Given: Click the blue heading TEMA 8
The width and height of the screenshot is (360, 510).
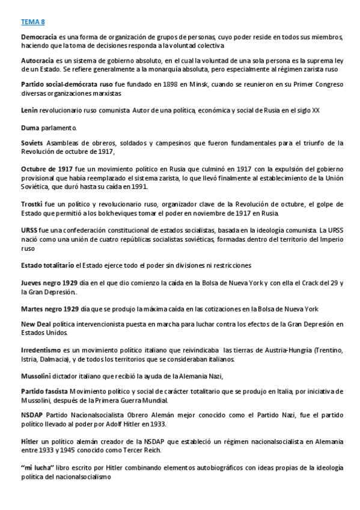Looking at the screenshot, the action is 32,22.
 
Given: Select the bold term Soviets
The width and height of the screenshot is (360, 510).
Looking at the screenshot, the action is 32,143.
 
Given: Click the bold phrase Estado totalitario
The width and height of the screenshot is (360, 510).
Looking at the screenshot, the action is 47,265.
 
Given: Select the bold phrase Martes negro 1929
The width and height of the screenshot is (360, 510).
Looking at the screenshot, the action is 50,309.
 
